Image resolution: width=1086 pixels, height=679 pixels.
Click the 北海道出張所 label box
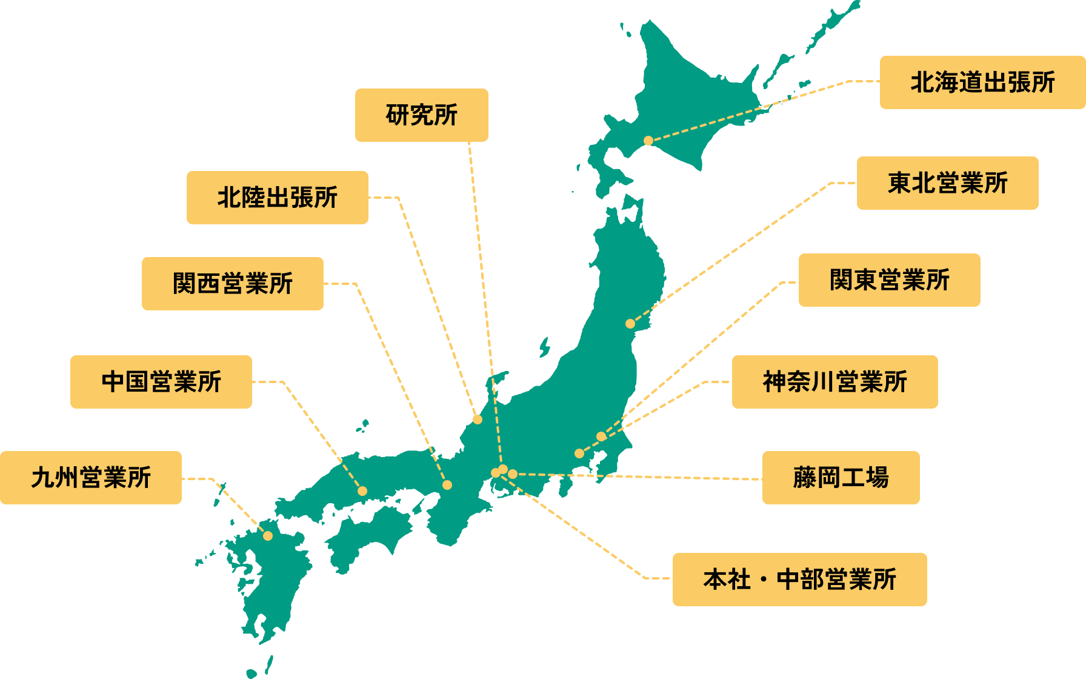coord(982,82)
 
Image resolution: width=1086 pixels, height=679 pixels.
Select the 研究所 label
coord(421,115)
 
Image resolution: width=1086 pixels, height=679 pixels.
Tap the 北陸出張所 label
coord(277,198)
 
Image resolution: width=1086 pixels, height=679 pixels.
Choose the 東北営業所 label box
coord(947,183)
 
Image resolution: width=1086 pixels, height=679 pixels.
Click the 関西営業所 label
coord(232,284)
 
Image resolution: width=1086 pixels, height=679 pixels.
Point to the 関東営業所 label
coord(889,280)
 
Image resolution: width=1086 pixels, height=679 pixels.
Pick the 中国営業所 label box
coord(161,382)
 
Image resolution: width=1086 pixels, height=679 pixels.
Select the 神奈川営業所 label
coord(834,382)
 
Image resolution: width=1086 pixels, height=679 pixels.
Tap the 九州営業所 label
coord(90,478)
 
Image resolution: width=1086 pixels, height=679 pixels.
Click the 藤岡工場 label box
coord(841,478)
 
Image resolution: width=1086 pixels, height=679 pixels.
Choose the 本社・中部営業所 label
coord(799,580)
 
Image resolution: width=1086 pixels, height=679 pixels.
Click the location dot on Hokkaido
coord(648,141)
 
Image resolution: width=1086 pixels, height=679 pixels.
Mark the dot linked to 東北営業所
coord(630,324)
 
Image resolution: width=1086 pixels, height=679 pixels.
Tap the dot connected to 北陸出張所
coord(478,420)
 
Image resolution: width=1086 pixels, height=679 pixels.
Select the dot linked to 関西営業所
coord(447,485)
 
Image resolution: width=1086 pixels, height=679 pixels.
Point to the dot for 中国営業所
coord(362,491)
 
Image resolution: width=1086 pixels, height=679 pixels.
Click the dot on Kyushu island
coord(268,536)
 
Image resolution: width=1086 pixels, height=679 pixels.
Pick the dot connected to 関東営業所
coord(601,436)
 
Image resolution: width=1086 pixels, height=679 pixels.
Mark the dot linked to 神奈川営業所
coord(579,453)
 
